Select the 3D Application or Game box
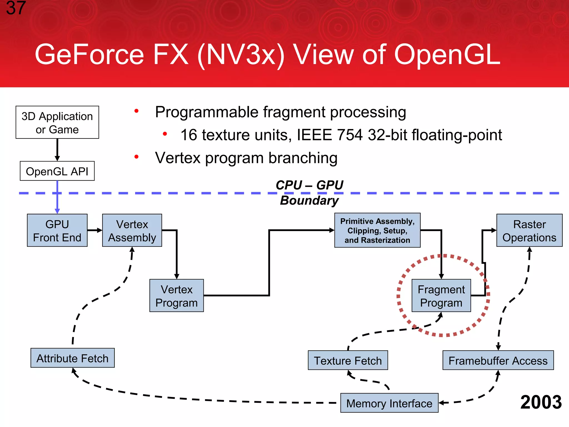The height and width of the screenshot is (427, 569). (57, 123)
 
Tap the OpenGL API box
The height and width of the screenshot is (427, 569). (57, 171)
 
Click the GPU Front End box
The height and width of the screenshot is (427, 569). (57, 230)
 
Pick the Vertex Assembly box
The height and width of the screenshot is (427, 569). (132, 230)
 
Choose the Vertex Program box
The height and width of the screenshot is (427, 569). (176, 296)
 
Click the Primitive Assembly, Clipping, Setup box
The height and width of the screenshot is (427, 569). (377, 230)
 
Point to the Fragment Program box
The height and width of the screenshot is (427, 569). (441, 296)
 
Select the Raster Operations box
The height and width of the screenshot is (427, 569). (529, 230)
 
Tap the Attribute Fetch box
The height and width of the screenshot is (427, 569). (73, 358)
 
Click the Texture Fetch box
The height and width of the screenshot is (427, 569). (348, 360)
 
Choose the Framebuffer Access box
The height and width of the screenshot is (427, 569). (498, 360)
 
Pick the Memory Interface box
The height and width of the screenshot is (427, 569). (389, 403)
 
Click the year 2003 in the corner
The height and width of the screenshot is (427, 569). (541, 402)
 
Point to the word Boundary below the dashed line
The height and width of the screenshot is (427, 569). (309, 200)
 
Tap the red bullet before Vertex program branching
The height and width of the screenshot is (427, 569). (136, 157)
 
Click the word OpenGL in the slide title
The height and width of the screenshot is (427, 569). (447, 55)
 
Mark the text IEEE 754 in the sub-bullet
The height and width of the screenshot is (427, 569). (330, 135)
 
